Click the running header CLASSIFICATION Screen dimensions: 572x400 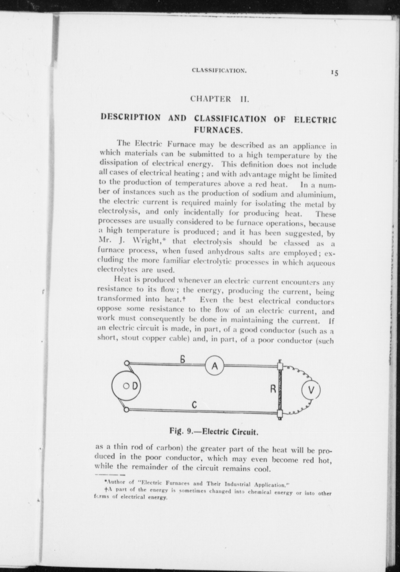pos(219,71)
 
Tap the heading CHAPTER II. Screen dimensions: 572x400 pos(220,99)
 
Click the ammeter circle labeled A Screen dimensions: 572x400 pos(214,366)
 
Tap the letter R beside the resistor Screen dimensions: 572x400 pos(273,389)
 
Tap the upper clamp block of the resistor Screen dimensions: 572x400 pos(280,366)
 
